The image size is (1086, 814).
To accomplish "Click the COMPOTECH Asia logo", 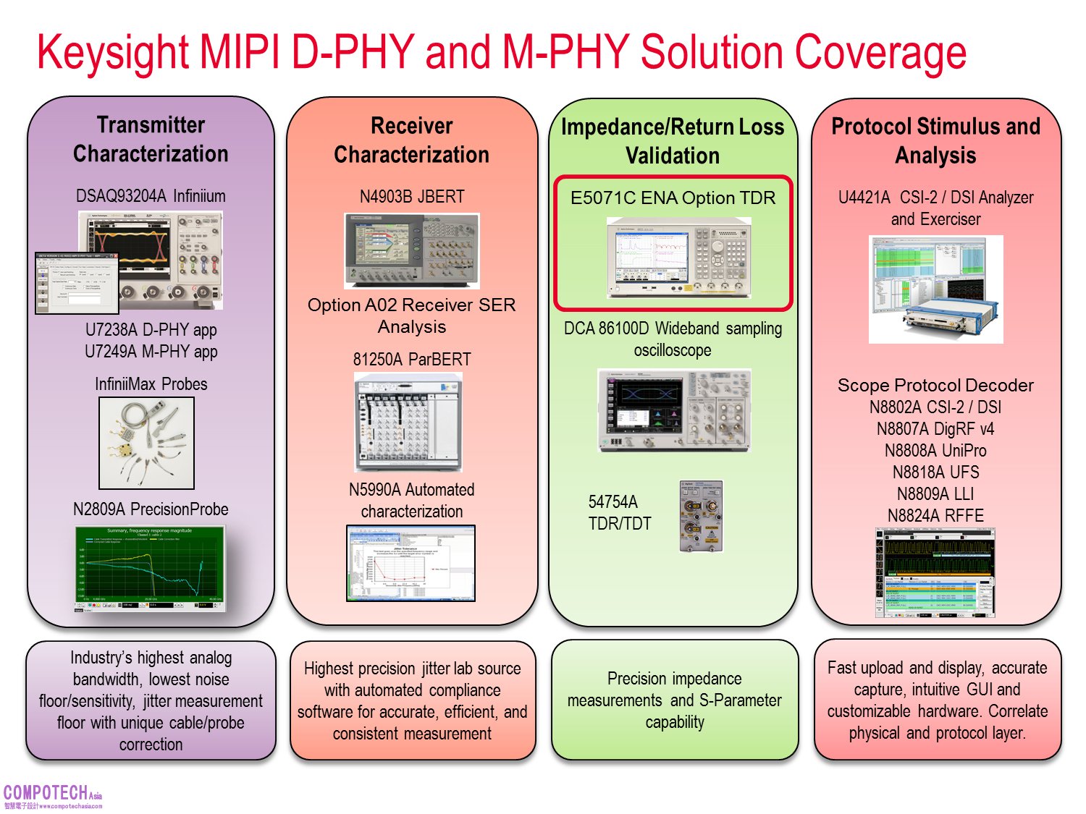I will point(52,796).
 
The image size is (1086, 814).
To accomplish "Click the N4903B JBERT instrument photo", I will point(411,250).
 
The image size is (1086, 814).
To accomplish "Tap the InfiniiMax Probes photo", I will point(146,443).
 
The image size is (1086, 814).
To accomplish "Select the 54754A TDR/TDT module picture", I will point(701,516).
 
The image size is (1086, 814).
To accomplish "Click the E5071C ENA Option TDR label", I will point(673,198).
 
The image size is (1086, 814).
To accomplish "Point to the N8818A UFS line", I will point(935,472).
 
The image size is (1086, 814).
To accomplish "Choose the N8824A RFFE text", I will point(935,516).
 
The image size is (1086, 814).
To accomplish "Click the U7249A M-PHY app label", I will point(151,352).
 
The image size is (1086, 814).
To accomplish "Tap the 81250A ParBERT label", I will point(411,360).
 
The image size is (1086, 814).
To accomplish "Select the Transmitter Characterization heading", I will point(151,139).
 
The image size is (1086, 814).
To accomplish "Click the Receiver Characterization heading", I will point(411,140).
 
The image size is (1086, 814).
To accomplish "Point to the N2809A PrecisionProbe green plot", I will point(151,568).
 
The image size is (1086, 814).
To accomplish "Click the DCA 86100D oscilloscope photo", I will point(674,410).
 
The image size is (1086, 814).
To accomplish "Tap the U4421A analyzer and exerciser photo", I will point(935,289).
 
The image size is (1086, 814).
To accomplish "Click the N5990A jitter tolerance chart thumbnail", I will point(411,563).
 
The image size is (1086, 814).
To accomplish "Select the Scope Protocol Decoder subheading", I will point(935,385).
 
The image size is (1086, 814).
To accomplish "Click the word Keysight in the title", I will point(113,52).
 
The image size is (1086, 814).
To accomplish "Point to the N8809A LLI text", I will point(935,494).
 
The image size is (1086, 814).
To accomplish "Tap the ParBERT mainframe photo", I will point(408,421).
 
